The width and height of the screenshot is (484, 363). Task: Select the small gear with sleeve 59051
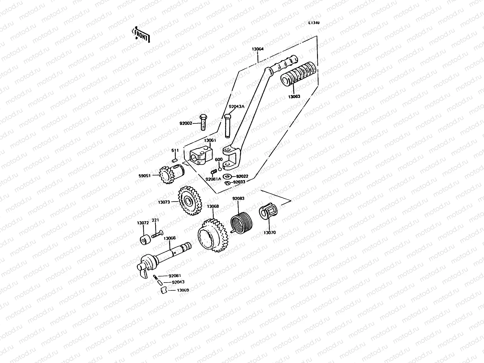[170, 175]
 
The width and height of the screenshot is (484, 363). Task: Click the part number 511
[175, 150]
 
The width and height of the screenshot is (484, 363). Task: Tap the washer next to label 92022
[227, 176]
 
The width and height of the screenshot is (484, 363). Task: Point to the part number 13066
[169, 238]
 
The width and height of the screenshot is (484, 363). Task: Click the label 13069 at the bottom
[183, 290]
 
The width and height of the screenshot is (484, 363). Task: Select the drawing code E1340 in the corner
[314, 23]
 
